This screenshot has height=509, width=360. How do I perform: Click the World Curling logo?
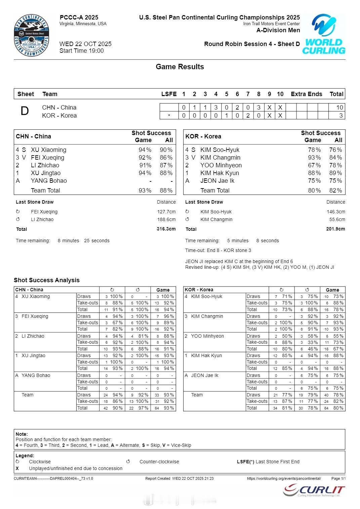click(x=323, y=34)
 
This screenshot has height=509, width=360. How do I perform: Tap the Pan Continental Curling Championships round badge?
click(x=32, y=36)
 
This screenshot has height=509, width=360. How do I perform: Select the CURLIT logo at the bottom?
click(x=314, y=491)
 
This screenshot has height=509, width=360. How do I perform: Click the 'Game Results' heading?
click(x=180, y=67)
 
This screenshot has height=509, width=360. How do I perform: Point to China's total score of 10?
click(x=339, y=108)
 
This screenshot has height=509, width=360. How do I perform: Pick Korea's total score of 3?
click(x=341, y=116)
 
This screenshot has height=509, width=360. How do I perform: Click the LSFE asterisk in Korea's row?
click(x=169, y=116)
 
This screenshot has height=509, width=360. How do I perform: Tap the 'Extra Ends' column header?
click(x=306, y=94)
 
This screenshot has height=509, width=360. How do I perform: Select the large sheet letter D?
click(x=25, y=111)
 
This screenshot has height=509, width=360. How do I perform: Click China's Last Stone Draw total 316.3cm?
click(x=166, y=229)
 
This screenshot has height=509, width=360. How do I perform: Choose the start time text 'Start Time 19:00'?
click(x=82, y=51)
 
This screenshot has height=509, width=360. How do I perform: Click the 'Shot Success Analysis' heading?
click(x=47, y=280)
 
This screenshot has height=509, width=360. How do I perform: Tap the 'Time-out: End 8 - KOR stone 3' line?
click(x=218, y=250)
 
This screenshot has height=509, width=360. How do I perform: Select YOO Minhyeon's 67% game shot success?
click(x=314, y=165)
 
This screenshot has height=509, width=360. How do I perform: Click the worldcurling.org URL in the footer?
click(x=284, y=478)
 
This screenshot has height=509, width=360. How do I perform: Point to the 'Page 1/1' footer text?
click(x=338, y=478)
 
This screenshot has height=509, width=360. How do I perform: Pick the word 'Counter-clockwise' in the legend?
click(x=159, y=462)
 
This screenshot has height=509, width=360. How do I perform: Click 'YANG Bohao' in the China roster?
click(x=49, y=181)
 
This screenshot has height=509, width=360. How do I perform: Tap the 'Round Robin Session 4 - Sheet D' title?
click(x=252, y=44)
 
